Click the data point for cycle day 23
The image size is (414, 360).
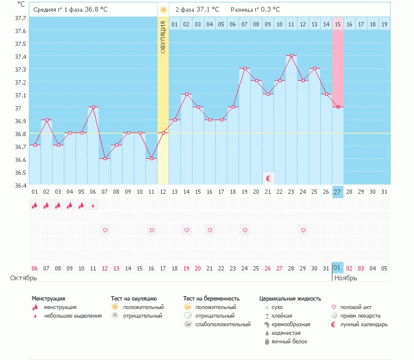(x=291, y=56)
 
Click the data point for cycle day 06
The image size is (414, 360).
(x=93, y=107)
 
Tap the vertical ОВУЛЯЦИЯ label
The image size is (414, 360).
(x=163, y=37)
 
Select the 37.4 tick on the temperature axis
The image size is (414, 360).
(x=20, y=56)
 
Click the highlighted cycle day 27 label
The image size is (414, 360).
(x=337, y=192)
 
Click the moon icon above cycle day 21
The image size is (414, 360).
(x=269, y=178)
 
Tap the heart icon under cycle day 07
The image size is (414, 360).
(x=105, y=230)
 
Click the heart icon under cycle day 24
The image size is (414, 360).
(x=303, y=230)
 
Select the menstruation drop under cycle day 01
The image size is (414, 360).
(x=35, y=205)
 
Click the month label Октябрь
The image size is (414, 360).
(x=23, y=278)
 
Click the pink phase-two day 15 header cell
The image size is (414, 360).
(x=338, y=24)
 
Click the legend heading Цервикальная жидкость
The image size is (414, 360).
(x=290, y=299)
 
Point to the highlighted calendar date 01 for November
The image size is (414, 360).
(x=337, y=267)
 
